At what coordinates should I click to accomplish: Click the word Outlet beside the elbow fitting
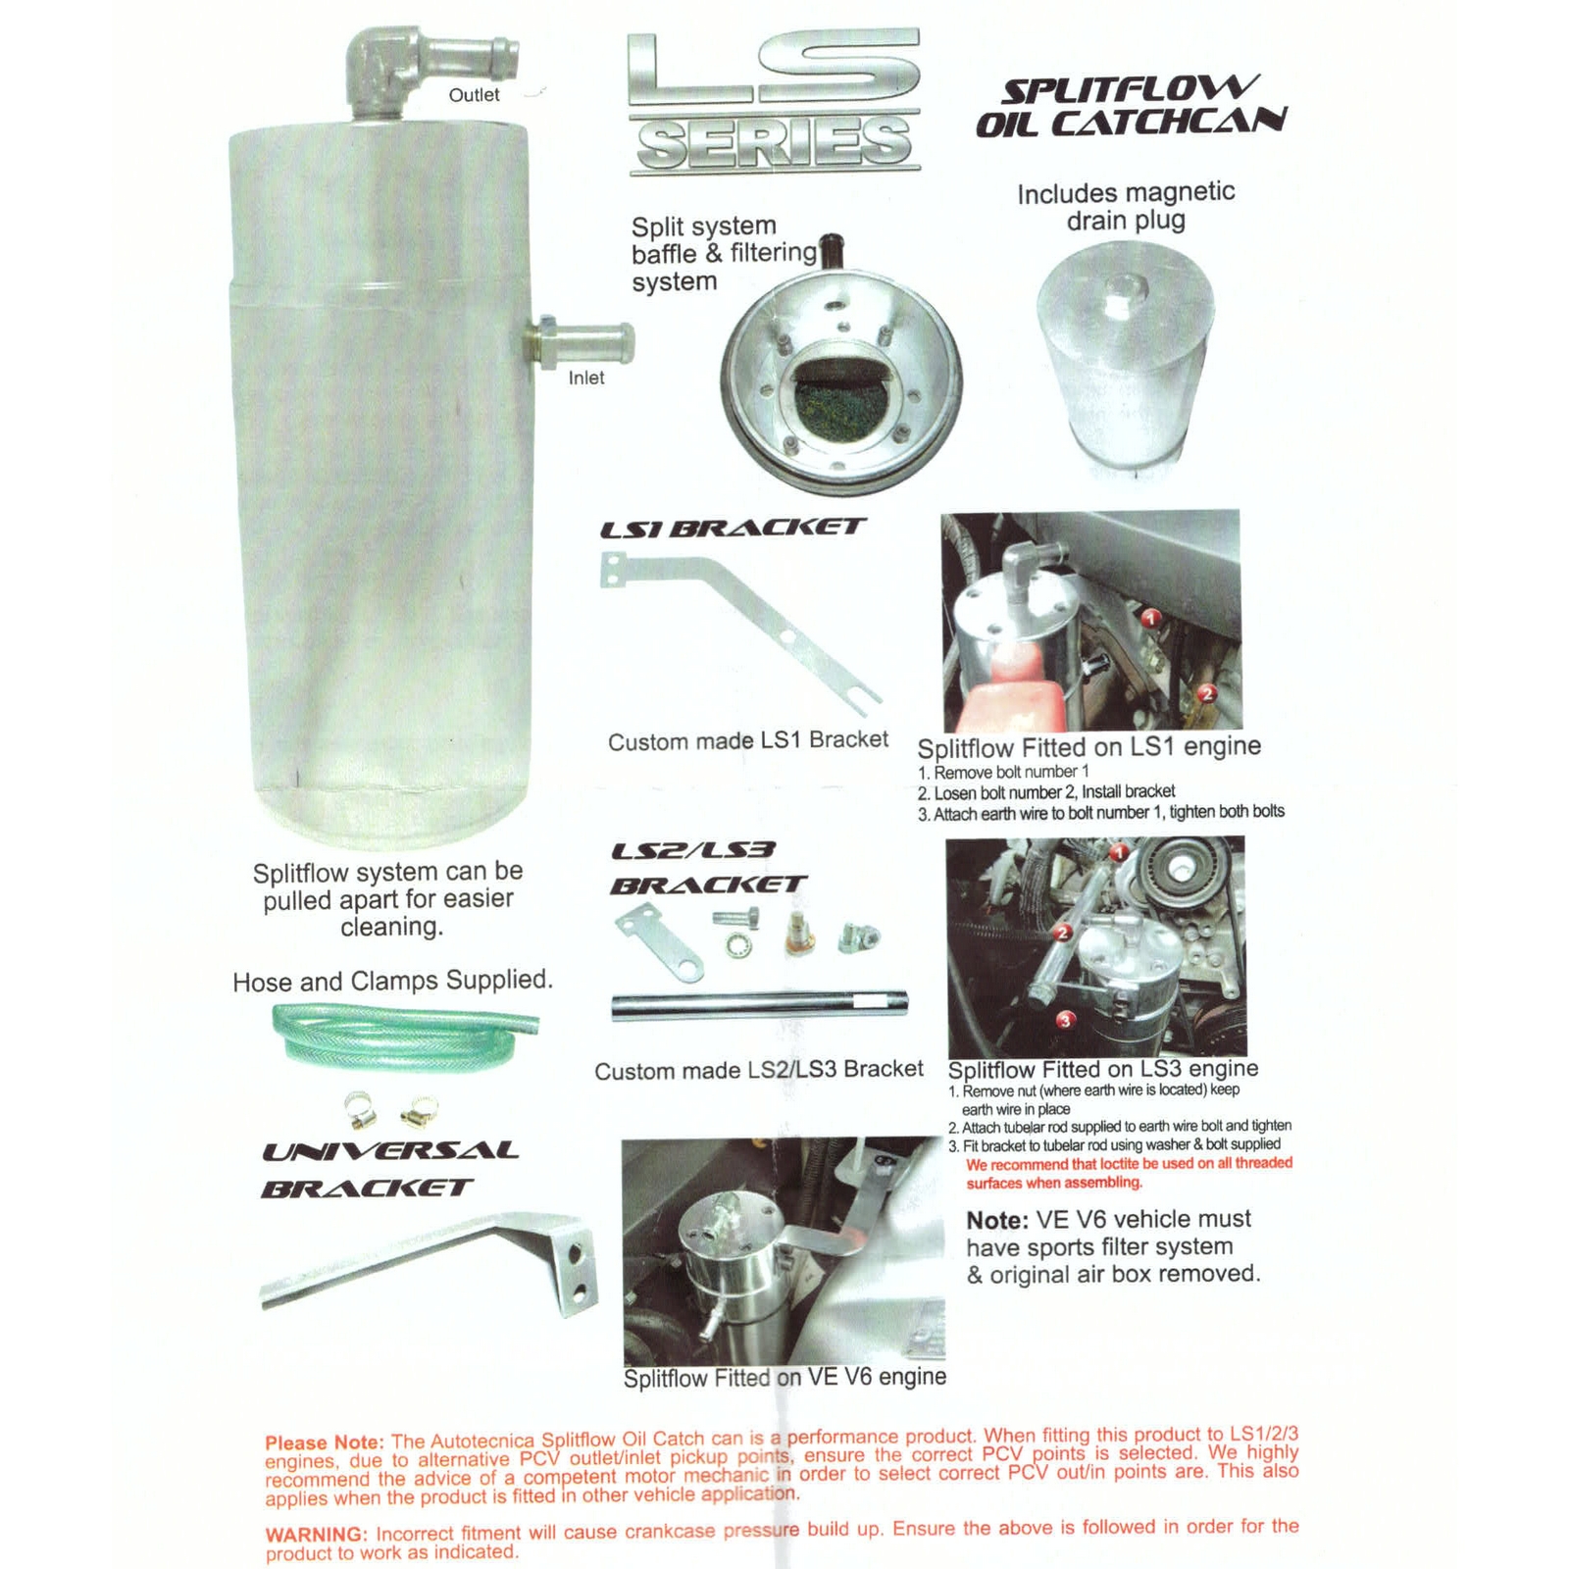point(474,95)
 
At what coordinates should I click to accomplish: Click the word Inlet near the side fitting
point(586,378)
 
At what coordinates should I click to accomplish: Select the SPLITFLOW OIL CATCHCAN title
point(1130,106)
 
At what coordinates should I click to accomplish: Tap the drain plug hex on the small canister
point(1124,293)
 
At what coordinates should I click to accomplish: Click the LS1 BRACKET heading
point(733,528)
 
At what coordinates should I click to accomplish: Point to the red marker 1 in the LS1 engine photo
point(1152,618)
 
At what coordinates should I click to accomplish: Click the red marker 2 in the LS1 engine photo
point(1207,693)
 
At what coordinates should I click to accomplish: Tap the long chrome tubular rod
point(760,1005)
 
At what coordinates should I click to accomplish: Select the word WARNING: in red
point(316,1535)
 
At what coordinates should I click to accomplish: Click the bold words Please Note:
point(325,1442)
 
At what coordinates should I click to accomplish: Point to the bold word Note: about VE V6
point(997,1221)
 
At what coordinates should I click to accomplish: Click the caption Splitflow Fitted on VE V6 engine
point(785,1378)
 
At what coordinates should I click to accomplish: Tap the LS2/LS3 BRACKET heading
point(708,868)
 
